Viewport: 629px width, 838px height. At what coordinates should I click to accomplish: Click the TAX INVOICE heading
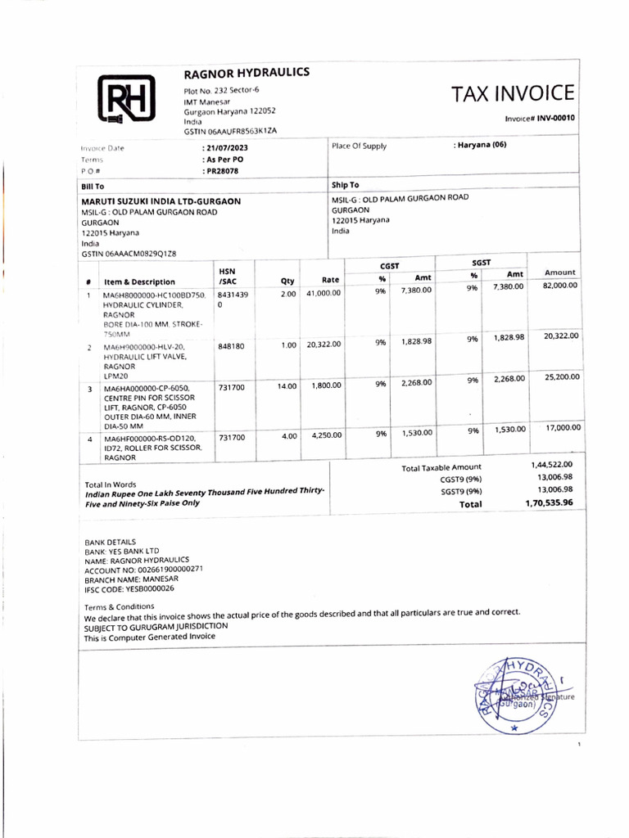click(513, 93)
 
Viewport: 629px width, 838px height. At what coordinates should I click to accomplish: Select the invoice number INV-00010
click(556, 118)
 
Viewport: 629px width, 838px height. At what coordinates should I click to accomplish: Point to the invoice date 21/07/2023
click(225, 148)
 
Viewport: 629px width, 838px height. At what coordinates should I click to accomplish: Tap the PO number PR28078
click(222, 171)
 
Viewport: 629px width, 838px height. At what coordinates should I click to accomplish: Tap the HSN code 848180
click(232, 346)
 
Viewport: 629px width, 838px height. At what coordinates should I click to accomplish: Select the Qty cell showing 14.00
click(287, 385)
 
